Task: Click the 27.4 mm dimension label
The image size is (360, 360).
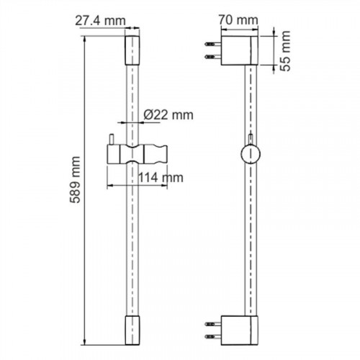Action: tap(100, 21)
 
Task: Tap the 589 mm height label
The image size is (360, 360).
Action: tap(75, 180)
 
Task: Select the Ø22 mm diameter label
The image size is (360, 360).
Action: tap(168, 115)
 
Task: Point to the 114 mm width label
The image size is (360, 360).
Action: tap(161, 178)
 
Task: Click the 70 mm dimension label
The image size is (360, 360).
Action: tap(238, 20)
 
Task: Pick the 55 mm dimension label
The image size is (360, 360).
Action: tap(286, 51)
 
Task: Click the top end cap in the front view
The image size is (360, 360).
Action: tap(132, 50)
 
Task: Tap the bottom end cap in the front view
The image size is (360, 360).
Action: tap(132, 330)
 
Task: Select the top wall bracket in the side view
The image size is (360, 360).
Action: tap(240, 50)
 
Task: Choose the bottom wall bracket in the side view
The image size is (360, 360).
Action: tap(240, 330)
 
